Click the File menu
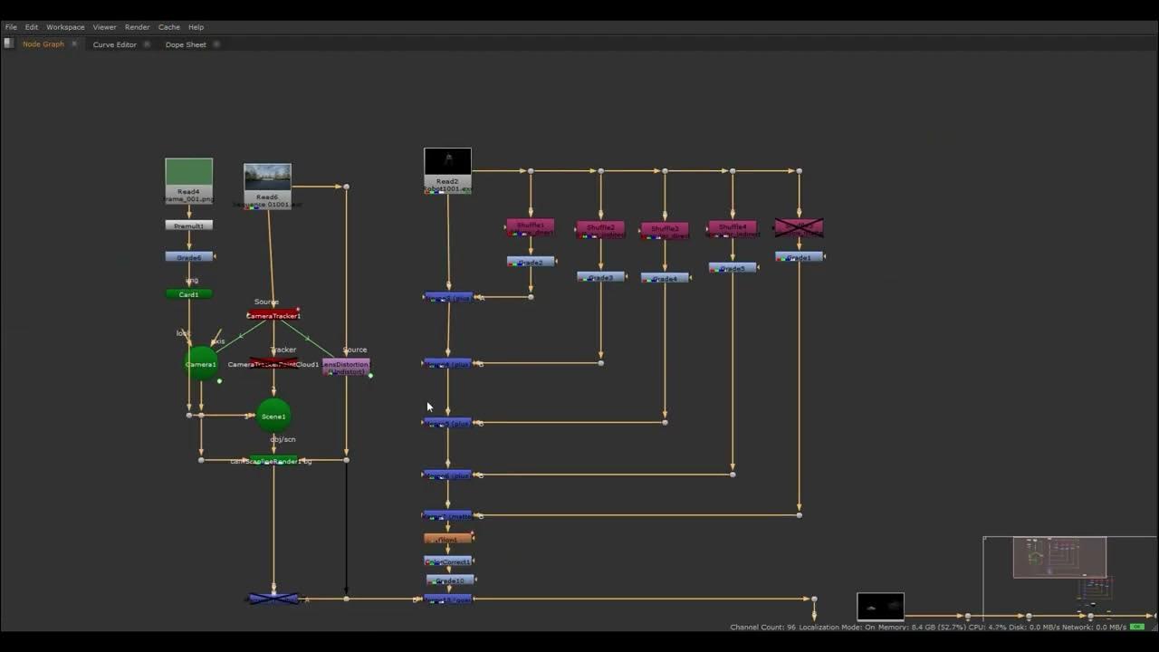(11, 27)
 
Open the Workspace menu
(65, 27)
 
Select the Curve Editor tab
(114, 44)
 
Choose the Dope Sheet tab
(186, 44)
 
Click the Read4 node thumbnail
(188, 172)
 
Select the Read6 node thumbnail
(267, 177)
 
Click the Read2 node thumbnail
(447, 161)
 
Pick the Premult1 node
(188, 225)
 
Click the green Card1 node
(188, 294)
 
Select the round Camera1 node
(201, 364)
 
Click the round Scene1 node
(273, 417)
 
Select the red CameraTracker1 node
(273, 315)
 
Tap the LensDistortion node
(346, 367)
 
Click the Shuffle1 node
(530, 226)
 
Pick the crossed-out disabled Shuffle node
(799, 227)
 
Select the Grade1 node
(799, 257)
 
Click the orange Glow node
(447, 539)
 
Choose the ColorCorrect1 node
(447, 561)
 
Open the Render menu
(137, 27)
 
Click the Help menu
(196, 27)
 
